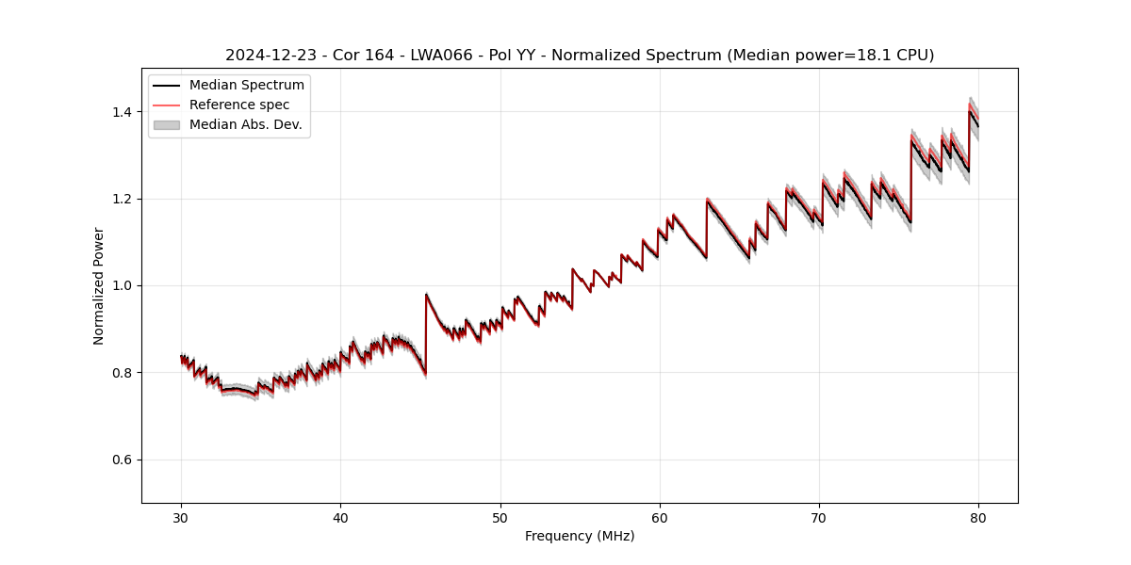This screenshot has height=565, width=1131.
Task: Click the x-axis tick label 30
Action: pos(181,517)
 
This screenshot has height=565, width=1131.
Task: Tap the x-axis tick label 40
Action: pos(340,517)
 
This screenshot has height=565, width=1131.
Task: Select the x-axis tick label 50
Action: pos(500,517)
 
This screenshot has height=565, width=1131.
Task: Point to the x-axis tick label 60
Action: pos(660,517)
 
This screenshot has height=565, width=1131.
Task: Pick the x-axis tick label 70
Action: pos(819,517)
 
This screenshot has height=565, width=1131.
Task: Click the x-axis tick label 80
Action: pos(978,517)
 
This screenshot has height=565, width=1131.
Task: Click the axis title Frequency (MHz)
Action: pos(580,536)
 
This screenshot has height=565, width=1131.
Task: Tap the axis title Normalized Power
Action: pos(99,285)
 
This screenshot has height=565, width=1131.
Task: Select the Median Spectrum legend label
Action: pos(246,86)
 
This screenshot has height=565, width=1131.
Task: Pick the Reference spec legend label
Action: pos(239,105)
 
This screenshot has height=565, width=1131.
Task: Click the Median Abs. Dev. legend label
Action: pos(245,124)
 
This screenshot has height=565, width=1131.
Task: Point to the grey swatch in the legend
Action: pos(167,124)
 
